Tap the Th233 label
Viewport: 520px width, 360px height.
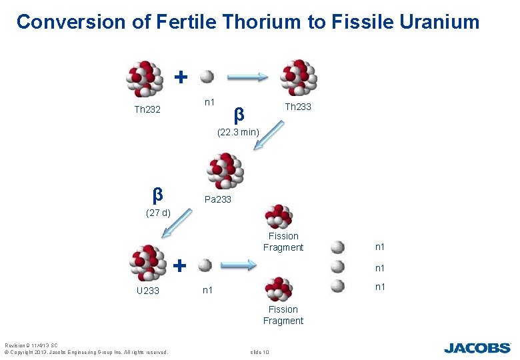(x=298, y=107)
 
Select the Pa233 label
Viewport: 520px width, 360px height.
(x=218, y=199)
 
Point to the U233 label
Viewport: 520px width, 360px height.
(x=147, y=291)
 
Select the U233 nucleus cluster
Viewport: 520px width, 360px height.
(x=147, y=263)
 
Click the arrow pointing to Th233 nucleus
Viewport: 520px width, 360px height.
(x=248, y=77)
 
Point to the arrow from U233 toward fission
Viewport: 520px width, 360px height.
(x=238, y=265)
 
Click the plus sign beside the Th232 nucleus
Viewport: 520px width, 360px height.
(x=180, y=77)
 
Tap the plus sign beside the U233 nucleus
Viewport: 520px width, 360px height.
(x=179, y=265)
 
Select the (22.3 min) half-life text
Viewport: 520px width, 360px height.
(x=238, y=132)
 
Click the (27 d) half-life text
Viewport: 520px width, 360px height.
(x=158, y=213)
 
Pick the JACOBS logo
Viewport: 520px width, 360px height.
(x=477, y=347)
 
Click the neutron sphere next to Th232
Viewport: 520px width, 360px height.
(x=207, y=77)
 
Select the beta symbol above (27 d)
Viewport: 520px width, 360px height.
(x=157, y=195)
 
